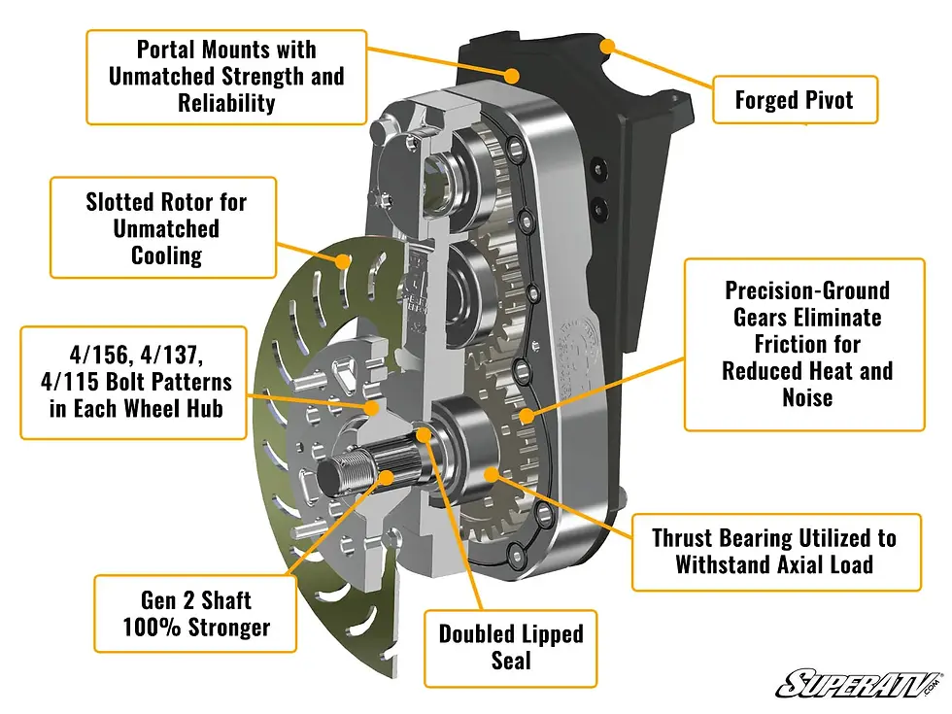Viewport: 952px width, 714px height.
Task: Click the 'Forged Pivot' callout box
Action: click(794, 100)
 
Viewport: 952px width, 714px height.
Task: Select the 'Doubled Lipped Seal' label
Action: click(510, 647)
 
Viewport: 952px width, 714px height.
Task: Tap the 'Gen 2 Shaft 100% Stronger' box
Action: click(195, 614)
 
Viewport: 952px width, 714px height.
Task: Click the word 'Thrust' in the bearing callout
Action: click(686, 537)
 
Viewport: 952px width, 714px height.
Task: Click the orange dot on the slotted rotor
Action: click(343, 260)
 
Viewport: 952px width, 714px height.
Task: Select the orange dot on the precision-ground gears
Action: click(526, 416)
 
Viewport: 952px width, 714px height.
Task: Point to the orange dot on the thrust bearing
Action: click(492, 472)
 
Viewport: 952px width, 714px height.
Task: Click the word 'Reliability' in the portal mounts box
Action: click(226, 102)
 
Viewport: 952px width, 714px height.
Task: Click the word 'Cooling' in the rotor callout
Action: click(166, 255)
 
